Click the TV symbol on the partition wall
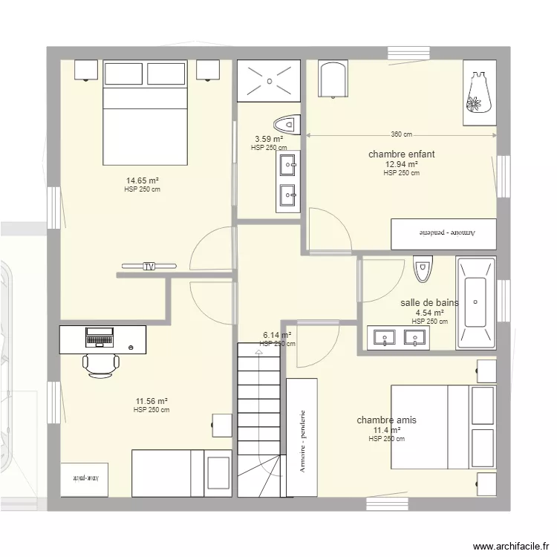tap(149, 266)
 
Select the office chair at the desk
tap(100, 365)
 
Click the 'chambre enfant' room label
tap(401, 154)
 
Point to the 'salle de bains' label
tap(429, 302)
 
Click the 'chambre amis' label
tap(386, 420)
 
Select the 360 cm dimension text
tap(401, 134)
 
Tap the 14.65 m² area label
tap(143, 180)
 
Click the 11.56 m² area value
tap(151, 401)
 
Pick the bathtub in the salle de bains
tap(475, 303)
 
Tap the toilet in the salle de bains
tap(423, 269)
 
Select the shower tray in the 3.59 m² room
tap(268, 81)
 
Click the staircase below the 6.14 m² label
tap(259, 408)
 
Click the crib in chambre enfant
tap(332, 80)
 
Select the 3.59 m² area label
tap(269, 139)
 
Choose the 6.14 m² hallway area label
tap(277, 335)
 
